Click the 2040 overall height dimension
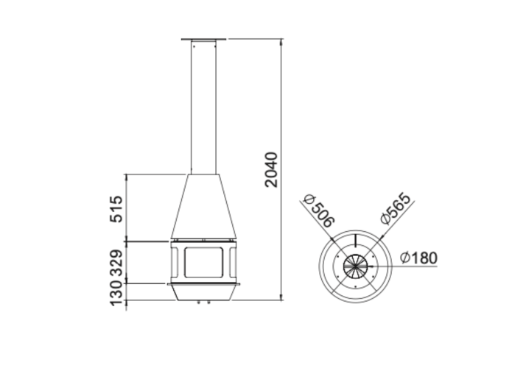(x=271, y=169)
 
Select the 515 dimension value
(x=116, y=209)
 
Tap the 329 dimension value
(x=116, y=263)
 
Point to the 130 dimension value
(x=116, y=292)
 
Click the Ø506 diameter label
(x=319, y=210)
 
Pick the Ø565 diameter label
(x=396, y=208)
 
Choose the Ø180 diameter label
(x=418, y=258)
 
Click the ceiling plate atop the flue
(x=203, y=39)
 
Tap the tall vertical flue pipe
(x=203, y=107)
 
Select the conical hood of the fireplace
(x=203, y=207)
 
